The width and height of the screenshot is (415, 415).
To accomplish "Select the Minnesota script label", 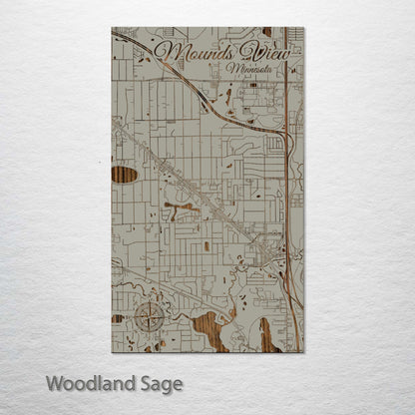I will [x=253, y=70].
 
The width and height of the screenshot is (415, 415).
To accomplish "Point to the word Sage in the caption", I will [x=160, y=384].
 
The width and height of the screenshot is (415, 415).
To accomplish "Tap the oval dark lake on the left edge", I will [x=124, y=175].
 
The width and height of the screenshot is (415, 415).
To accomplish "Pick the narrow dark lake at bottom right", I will [x=266, y=334].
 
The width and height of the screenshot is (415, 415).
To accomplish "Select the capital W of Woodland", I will [x=54, y=383].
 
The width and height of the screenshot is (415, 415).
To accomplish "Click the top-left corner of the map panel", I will [x=112, y=28].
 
